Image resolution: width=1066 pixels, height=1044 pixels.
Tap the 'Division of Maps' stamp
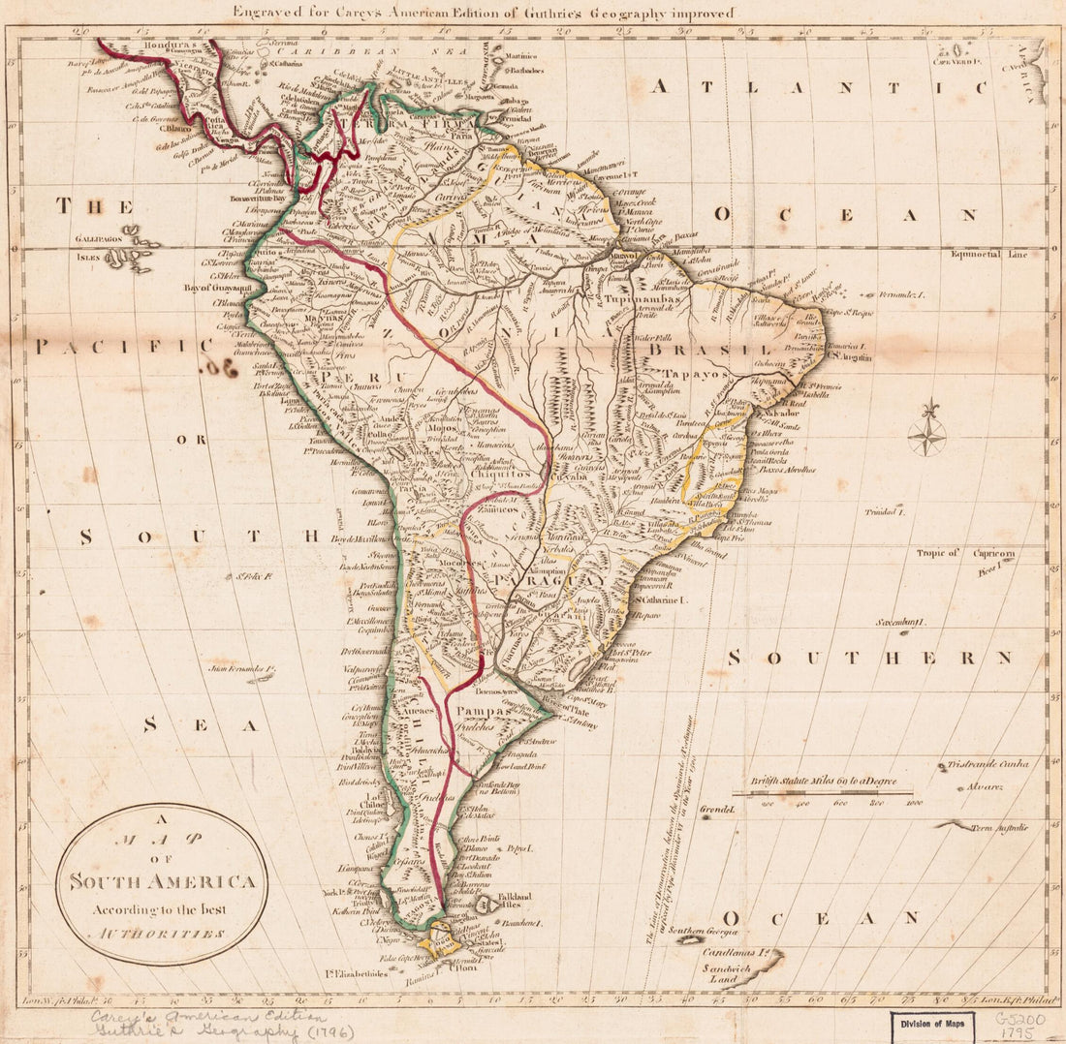(x=932, y=1025)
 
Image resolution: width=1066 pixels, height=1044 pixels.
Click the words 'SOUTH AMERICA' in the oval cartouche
(x=161, y=882)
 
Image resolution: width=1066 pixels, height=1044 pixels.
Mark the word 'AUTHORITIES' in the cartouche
(x=160, y=934)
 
